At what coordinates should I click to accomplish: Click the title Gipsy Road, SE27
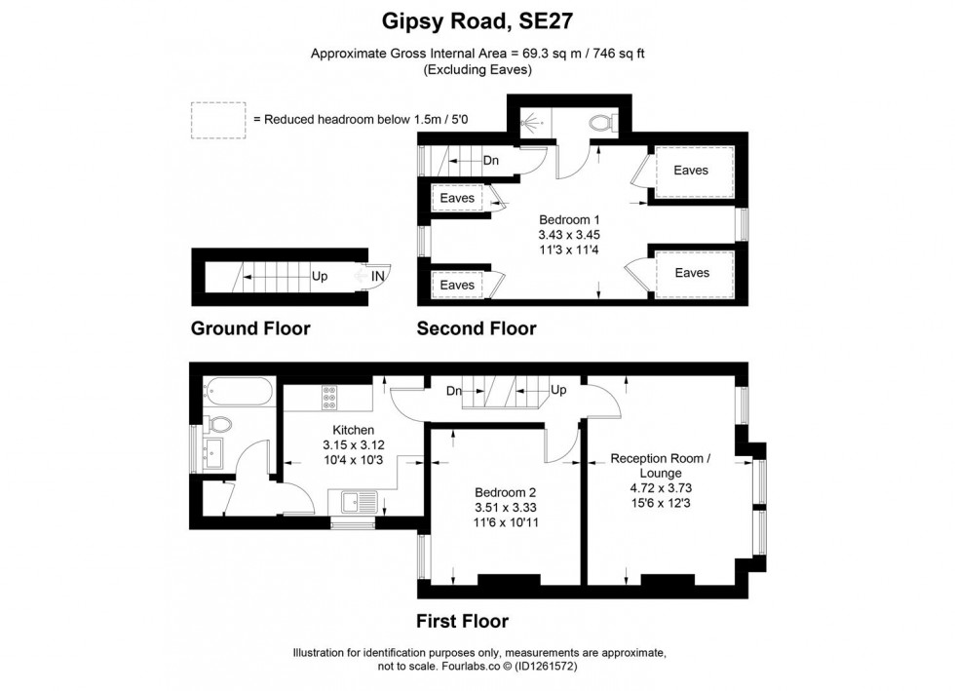tap(477, 19)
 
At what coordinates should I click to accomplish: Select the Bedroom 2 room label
tap(506, 492)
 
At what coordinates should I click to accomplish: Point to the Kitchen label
tap(353, 430)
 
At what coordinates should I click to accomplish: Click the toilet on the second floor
tap(602, 122)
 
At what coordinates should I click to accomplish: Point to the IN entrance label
tap(378, 277)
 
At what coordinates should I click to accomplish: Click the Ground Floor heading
tap(250, 328)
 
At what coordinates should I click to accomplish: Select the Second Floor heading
tap(477, 328)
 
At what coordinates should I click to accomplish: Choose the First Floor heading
tap(462, 621)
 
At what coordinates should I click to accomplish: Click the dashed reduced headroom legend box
tap(217, 119)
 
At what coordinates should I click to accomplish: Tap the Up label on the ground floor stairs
tap(320, 277)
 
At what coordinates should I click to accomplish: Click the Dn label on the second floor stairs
tap(491, 161)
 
